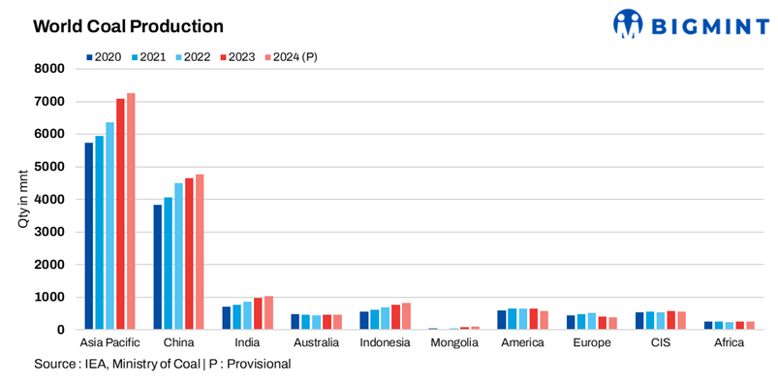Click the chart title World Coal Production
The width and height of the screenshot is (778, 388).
click(x=128, y=26)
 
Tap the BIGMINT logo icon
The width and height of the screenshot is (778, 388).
click(x=629, y=24)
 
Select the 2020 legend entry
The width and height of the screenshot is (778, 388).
click(x=103, y=57)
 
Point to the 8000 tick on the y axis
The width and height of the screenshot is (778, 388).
click(x=49, y=69)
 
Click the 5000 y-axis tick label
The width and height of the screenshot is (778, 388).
click(x=49, y=167)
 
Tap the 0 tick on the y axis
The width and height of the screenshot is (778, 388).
click(x=60, y=330)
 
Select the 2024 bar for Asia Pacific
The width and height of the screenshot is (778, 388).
click(x=131, y=211)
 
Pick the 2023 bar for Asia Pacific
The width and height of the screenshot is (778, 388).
click(x=120, y=214)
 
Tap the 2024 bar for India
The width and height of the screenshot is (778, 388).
click(x=268, y=312)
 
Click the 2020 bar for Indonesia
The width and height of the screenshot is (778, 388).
click(x=364, y=320)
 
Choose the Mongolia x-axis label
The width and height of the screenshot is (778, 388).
click(x=454, y=343)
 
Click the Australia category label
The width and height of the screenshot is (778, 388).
click(x=317, y=343)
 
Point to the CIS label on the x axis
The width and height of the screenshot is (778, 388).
click(x=662, y=343)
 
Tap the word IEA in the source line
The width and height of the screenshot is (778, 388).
click(x=99, y=364)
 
